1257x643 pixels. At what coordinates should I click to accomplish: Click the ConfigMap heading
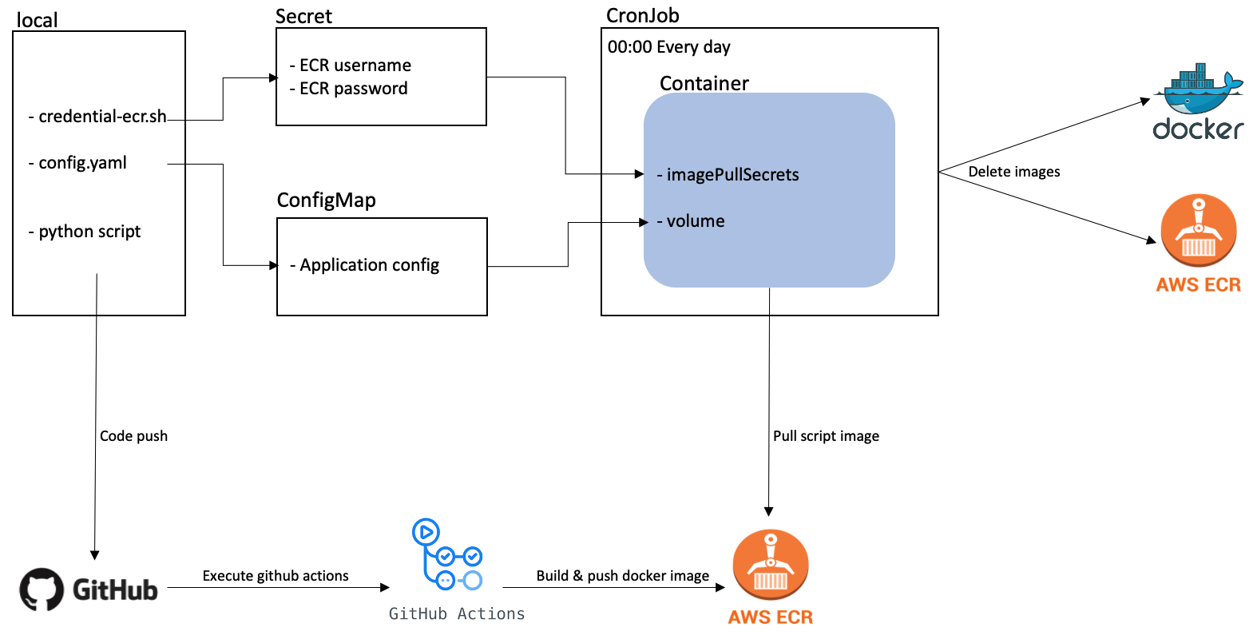[x=326, y=200]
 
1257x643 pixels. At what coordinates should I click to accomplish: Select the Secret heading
[x=303, y=16]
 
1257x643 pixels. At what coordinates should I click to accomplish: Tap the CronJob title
[x=642, y=15]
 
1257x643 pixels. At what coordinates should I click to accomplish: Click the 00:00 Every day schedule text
[x=668, y=47]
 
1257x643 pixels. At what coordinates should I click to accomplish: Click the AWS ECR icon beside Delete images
[x=1198, y=231]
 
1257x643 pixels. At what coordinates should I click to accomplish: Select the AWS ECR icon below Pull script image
[x=770, y=565]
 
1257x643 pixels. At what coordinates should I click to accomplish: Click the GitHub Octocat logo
[x=42, y=589]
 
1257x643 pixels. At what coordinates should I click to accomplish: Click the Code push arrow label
[x=133, y=436]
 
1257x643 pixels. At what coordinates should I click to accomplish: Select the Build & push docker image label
[x=622, y=576]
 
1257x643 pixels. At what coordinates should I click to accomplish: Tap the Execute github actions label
[x=275, y=576]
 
